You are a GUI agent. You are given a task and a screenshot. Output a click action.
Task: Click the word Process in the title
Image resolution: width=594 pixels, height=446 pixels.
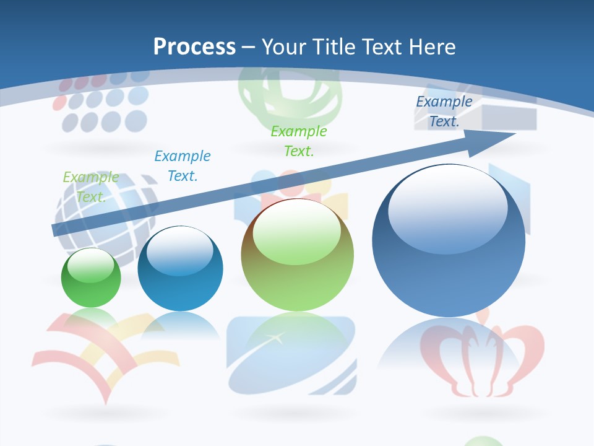(194, 46)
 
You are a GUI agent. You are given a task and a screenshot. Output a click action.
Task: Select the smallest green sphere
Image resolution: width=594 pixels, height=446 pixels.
(91, 278)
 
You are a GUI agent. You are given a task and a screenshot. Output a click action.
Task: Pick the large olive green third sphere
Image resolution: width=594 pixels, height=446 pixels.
(297, 255)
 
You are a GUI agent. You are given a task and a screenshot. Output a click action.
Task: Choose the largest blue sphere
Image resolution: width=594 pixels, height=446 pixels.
(449, 242)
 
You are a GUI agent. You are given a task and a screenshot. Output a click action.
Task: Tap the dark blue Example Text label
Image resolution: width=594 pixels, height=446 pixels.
(444, 111)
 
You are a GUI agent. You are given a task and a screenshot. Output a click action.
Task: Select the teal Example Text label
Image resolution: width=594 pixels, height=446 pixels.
(182, 165)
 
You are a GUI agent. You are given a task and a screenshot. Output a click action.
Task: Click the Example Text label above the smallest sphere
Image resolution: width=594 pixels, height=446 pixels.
(90, 187)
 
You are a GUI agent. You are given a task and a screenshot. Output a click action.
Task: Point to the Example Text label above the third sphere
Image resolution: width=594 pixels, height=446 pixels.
(298, 141)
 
